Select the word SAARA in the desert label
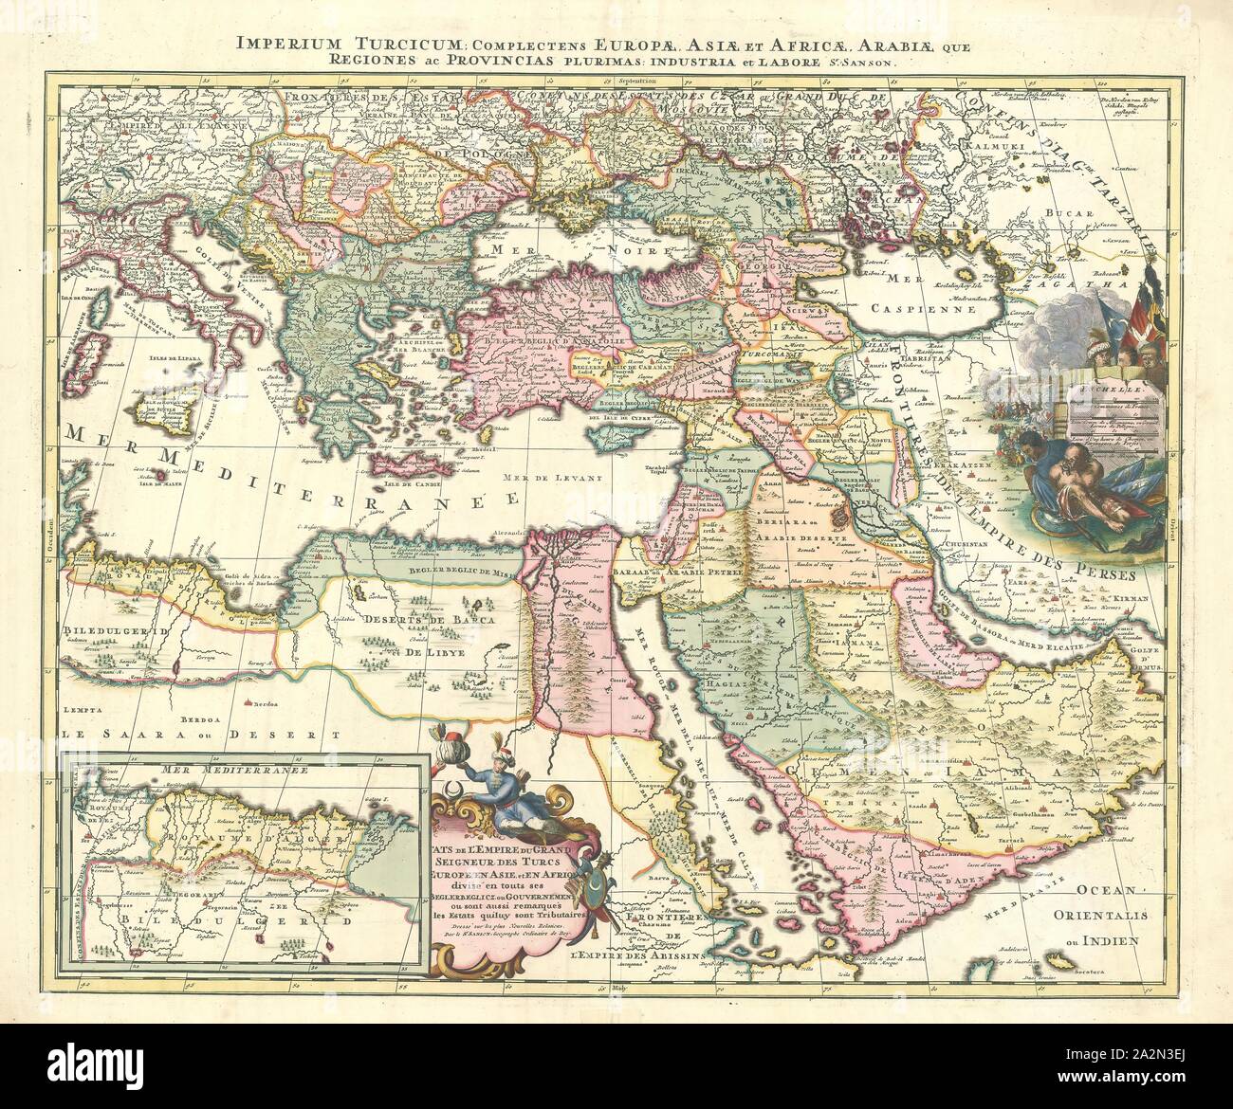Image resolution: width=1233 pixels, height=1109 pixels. point(139,734)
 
